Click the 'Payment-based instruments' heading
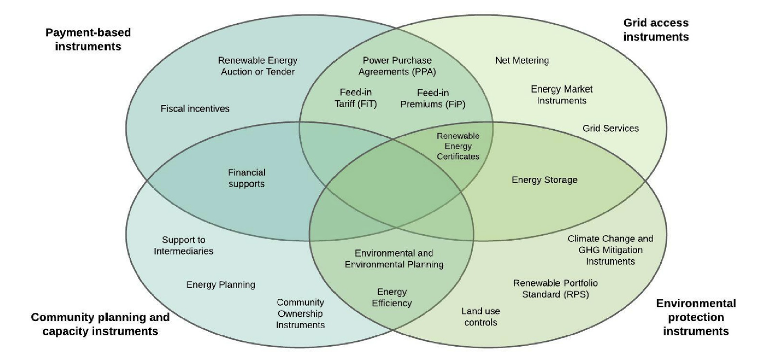pos(88,39)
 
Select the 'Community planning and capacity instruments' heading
pos(100,324)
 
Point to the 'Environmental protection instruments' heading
pos(696,317)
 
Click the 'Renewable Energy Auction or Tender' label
pos(258,66)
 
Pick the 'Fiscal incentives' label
pos(195,109)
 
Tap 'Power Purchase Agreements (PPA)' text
pos(397,66)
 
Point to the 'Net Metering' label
pos(522,61)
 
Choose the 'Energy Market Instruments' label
pos(561,95)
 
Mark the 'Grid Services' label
pos(611,128)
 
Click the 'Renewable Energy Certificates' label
pos(458,146)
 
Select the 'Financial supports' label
pos(246,178)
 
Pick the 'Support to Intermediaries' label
pos(188,245)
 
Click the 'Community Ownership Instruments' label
pos(300,313)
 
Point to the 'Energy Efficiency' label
pos(391,297)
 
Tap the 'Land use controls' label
pos(480,317)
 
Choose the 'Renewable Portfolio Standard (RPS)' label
pos(556,289)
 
